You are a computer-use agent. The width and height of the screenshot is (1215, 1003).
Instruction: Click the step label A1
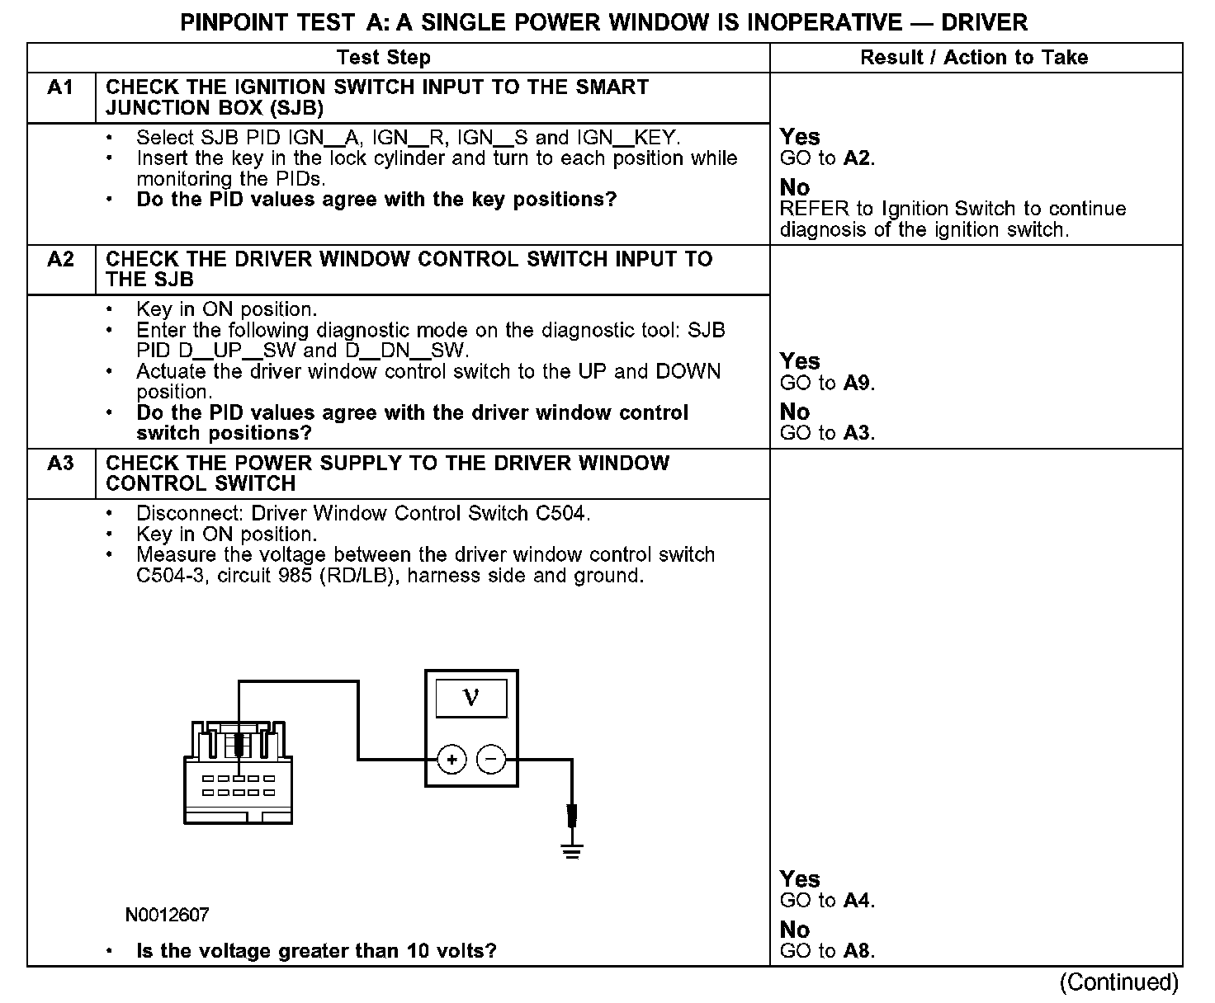point(60,87)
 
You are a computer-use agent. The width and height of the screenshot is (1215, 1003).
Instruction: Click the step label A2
point(60,259)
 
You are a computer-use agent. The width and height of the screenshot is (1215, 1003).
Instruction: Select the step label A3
point(60,463)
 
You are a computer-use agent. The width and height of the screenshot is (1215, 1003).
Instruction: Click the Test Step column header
point(384,58)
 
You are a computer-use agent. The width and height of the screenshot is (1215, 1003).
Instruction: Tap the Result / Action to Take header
point(974,58)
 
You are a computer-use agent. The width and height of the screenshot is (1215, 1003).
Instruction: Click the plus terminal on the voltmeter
point(451,759)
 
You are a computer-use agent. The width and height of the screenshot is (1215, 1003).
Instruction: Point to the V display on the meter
point(471,699)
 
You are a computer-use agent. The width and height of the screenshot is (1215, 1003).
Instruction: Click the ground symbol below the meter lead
point(571,850)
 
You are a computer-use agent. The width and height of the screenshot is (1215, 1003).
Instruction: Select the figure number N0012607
point(168,915)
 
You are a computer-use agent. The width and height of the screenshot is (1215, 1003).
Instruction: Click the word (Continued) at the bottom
point(1119,982)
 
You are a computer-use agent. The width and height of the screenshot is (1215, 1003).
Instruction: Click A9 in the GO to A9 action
point(858,383)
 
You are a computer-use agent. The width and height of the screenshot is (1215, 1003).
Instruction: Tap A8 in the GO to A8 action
point(858,951)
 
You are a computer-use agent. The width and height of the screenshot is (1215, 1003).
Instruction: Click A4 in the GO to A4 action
point(858,901)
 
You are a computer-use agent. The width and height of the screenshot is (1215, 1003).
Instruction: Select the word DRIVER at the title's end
point(985,22)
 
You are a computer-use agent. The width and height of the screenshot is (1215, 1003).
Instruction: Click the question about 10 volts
point(316,951)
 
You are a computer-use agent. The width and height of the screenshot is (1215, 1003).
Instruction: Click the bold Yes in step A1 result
point(800,137)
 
